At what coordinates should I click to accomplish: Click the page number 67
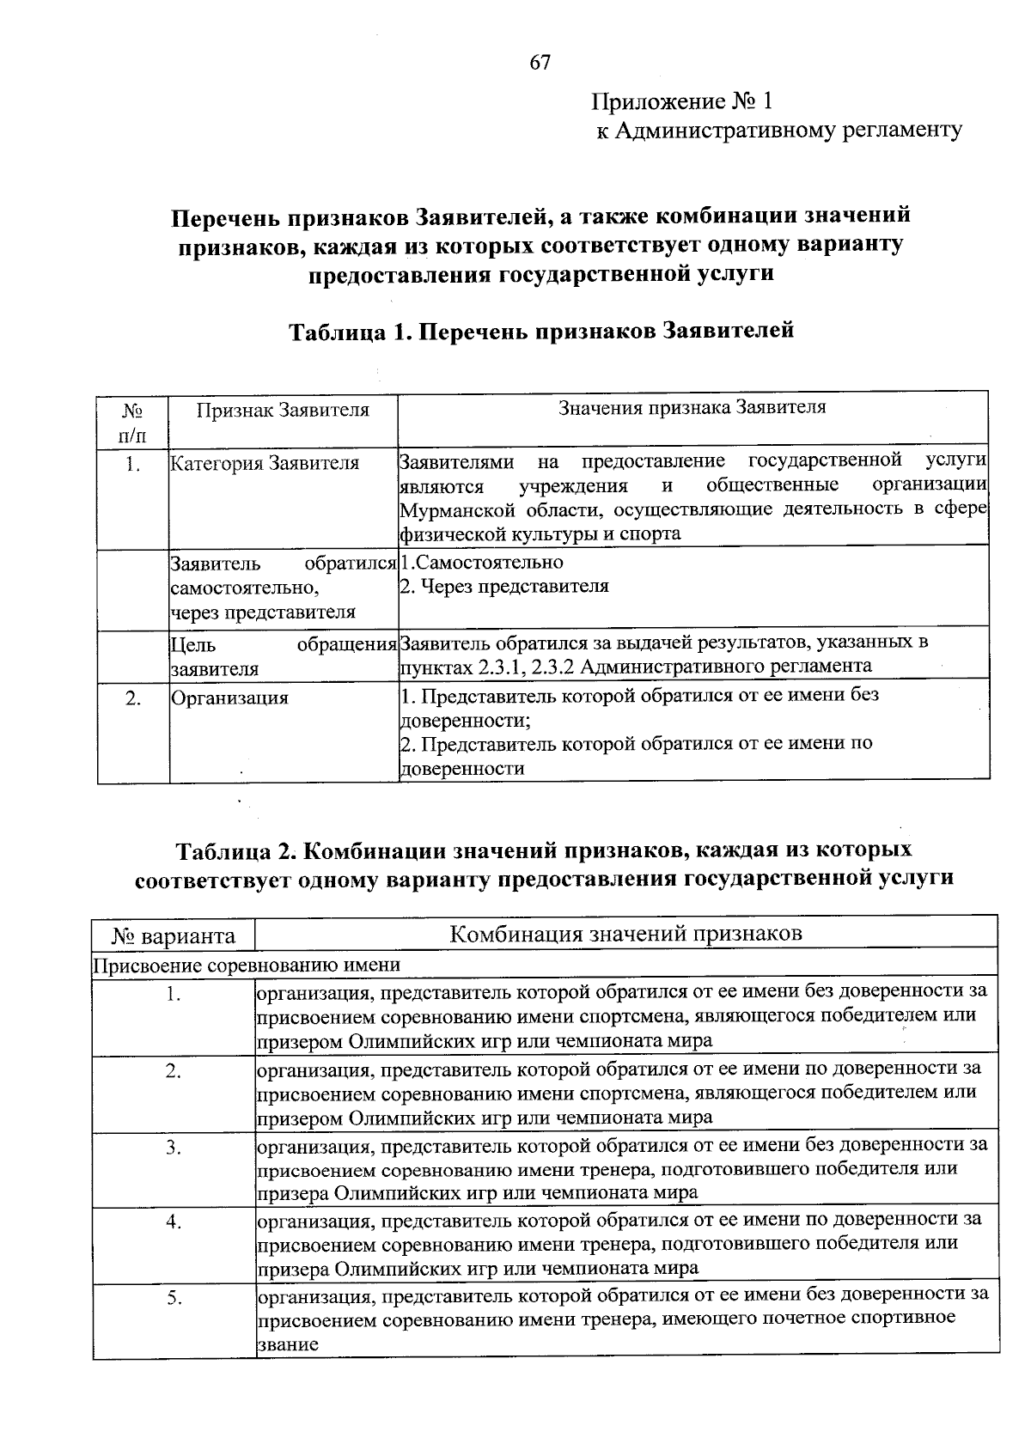coord(540,63)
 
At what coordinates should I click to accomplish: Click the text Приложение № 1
coord(682,102)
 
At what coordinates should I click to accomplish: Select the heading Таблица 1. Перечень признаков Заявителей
coord(540,331)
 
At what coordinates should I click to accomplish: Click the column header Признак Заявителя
coord(283,411)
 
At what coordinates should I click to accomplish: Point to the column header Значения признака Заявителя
coord(692,408)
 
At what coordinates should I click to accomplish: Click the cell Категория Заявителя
coord(265,465)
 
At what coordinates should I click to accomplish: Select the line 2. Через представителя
coord(504,587)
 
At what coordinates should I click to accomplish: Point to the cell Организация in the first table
coord(229,698)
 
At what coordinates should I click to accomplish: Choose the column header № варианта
coord(174,935)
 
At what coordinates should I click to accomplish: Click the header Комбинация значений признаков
coord(625,934)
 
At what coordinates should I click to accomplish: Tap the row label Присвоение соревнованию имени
coord(247,965)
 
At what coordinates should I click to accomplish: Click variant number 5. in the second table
coord(174,1298)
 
